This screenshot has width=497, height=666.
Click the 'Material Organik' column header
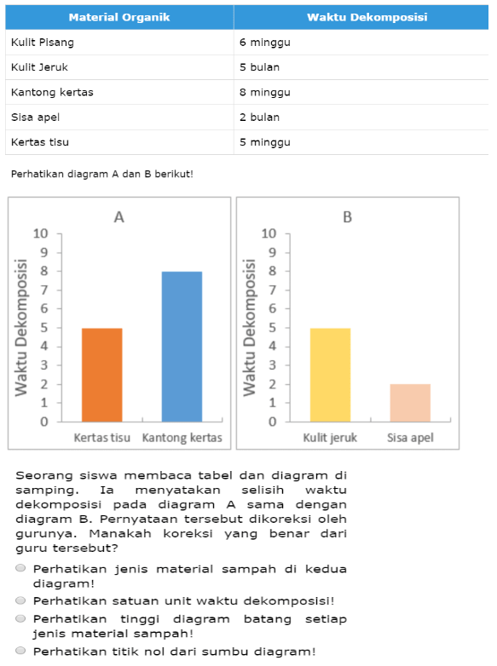pos(119,17)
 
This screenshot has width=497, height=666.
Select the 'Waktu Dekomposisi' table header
pos(367,17)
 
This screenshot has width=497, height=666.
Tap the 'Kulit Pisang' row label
pos(43,43)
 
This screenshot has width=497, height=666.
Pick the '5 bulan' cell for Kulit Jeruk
pos(259,67)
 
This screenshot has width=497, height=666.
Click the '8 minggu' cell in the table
pos(265,92)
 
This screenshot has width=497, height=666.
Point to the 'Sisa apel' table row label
pos(35,118)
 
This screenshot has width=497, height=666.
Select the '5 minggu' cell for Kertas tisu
pos(265,142)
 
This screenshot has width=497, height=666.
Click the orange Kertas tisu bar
pos(102,375)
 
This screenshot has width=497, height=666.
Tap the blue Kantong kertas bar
pos(182,347)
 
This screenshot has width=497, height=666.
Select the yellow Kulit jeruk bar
pos(331,375)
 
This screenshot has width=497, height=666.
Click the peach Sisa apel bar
pos(410,403)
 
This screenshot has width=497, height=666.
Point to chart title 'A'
pos(119,217)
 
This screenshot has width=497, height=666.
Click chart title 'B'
pos(347,217)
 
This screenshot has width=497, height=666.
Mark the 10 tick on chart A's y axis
pos(41,233)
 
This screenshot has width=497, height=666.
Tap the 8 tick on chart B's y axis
pos(273,271)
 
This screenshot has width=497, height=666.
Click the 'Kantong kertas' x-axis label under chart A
pos(182,438)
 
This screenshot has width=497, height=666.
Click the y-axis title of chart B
pos(250,328)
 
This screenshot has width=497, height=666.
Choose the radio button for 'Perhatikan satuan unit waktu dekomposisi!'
pos(20,600)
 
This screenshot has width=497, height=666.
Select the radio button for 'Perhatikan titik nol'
pos(20,651)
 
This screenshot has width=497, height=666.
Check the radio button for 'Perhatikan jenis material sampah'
pos(20,568)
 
